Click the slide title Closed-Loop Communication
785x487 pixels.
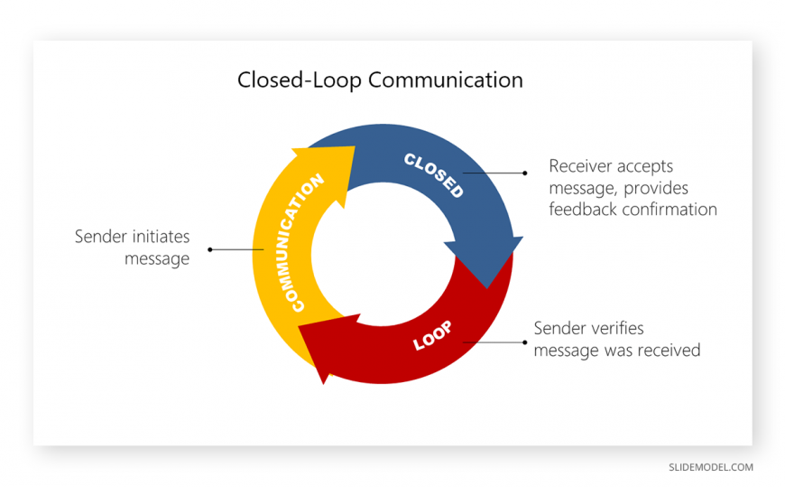pyautogui.click(x=380, y=80)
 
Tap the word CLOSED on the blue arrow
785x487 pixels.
pyautogui.click(x=434, y=175)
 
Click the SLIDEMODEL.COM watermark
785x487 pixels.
pyautogui.click(x=710, y=467)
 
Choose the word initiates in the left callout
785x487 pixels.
pyautogui.click(x=160, y=237)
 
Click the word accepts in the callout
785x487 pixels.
pyautogui.click(x=647, y=167)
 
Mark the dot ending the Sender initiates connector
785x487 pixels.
pyautogui.click(x=209, y=248)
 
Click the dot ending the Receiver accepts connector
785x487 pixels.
pyautogui.click(x=524, y=172)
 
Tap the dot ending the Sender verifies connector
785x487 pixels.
pyautogui.click(x=524, y=342)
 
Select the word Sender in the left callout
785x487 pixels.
pyautogui.click(x=101, y=237)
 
